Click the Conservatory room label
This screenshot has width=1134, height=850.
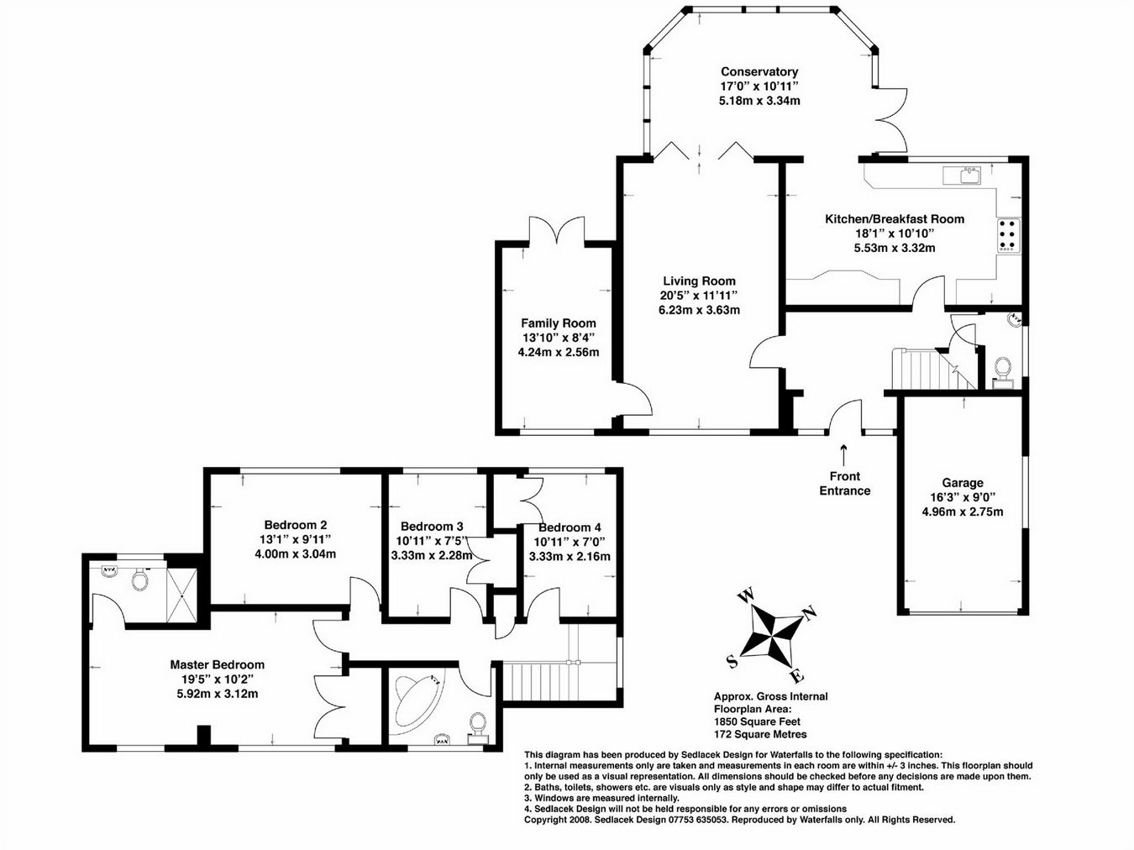pyautogui.click(x=759, y=72)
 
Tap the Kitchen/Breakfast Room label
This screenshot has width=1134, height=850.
pyautogui.click(x=894, y=219)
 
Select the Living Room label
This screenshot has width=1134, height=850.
pyautogui.click(x=699, y=281)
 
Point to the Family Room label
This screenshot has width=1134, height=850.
pyautogui.click(x=558, y=323)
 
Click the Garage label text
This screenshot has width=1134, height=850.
pyautogui.click(x=962, y=483)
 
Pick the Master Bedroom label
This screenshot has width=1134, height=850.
pyautogui.click(x=217, y=664)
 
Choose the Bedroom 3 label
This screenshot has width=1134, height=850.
pyautogui.click(x=432, y=527)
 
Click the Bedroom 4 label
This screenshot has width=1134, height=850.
pyautogui.click(x=570, y=527)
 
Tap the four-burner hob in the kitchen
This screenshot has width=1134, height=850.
pyautogui.click(x=1008, y=235)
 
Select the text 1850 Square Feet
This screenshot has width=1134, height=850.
pyautogui.click(x=757, y=721)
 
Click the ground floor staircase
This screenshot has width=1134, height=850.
pyautogui.click(x=924, y=370)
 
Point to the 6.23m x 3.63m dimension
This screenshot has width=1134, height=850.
pyautogui.click(x=699, y=310)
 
